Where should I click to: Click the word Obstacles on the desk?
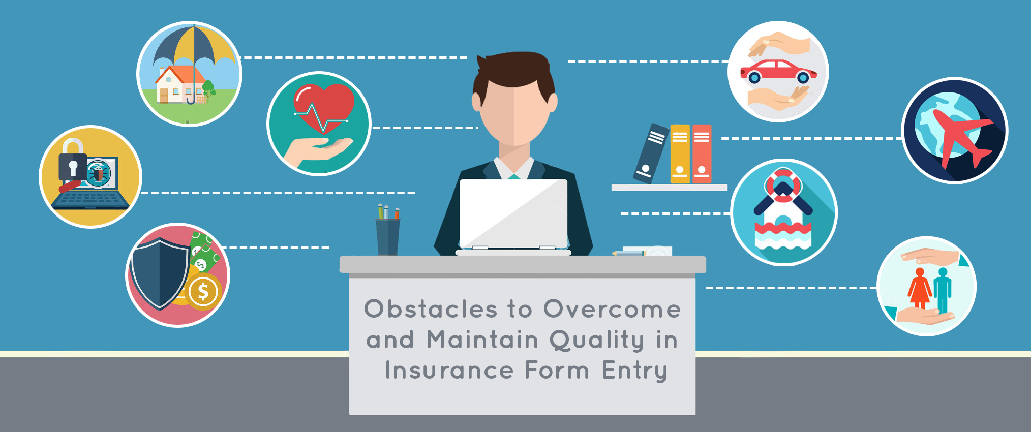430,309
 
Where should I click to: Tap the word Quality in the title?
597,340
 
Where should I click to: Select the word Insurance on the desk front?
449,370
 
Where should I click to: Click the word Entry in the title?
634,370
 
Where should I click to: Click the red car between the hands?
777,71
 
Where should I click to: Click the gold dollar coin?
203,292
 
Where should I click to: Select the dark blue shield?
159,272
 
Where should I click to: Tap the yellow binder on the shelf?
680,153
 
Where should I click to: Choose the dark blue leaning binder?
651,152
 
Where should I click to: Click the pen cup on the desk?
387,236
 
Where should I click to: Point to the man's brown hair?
513,71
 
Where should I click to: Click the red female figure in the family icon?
919,289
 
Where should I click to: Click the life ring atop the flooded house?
783,183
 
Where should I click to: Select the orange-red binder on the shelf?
702,153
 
